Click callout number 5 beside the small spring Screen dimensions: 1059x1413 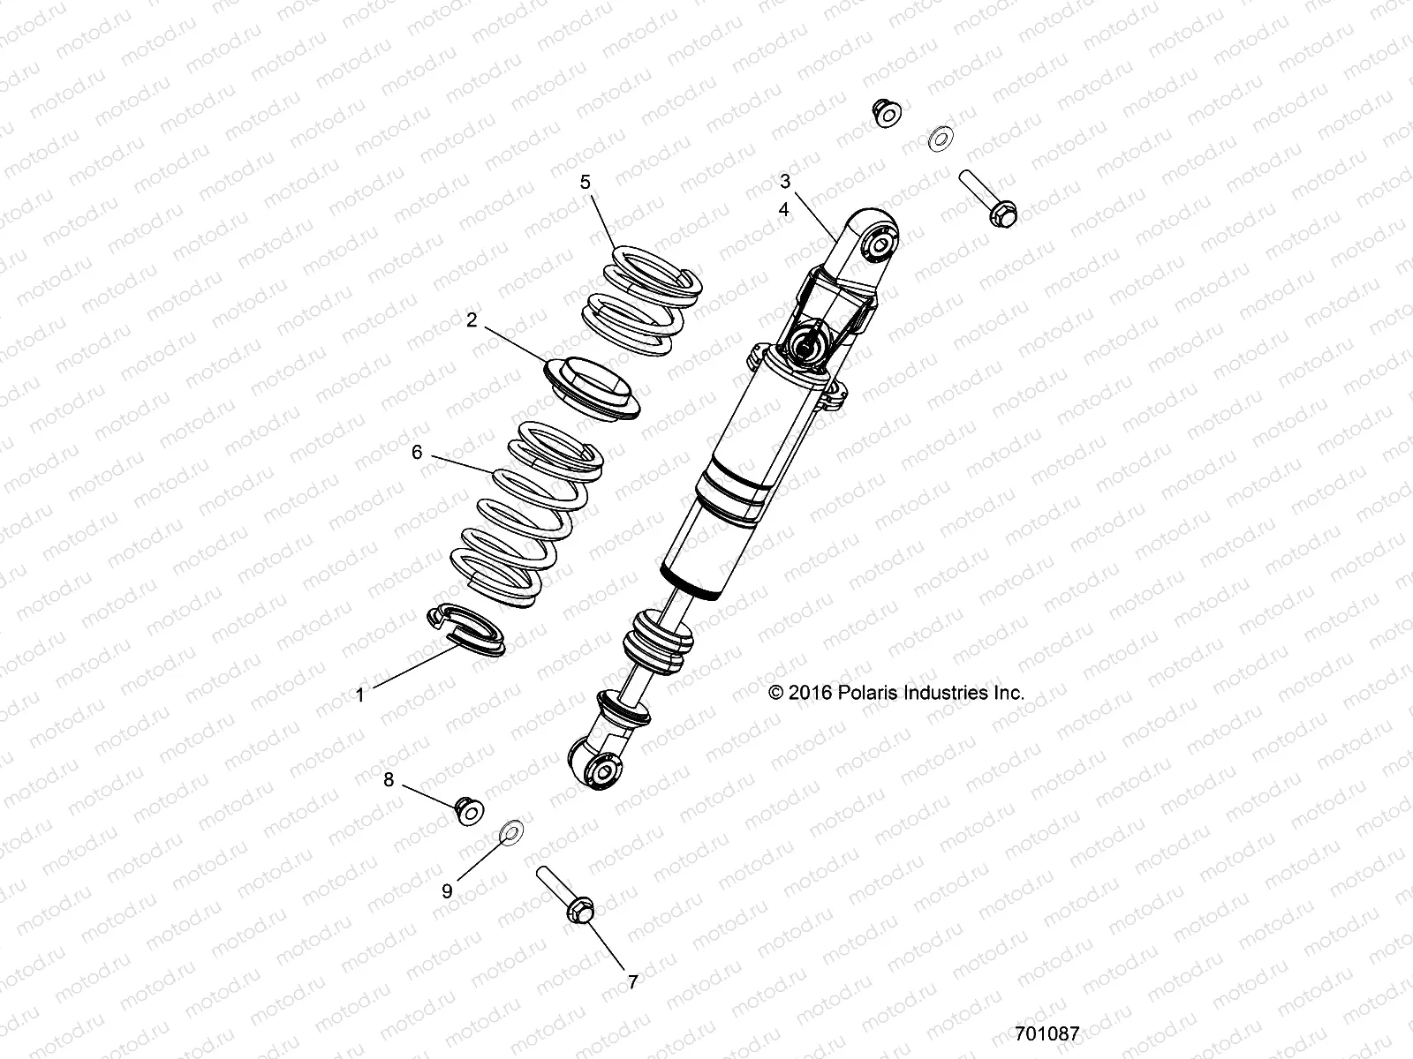[585, 183]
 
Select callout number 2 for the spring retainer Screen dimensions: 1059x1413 [472, 320]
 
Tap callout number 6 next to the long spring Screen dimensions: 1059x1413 [417, 453]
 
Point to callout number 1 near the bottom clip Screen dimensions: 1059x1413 [359, 695]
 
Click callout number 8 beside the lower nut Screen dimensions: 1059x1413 [388, 779]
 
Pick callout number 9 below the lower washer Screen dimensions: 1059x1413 [447, 891]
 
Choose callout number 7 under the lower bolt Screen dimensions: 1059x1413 [632, 980]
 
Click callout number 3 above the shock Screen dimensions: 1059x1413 [784, 182]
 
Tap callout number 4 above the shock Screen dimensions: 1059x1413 [784, 210]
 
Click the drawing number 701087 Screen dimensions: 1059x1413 [1047, 1033]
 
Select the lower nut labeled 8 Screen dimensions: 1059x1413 [470, 809]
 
